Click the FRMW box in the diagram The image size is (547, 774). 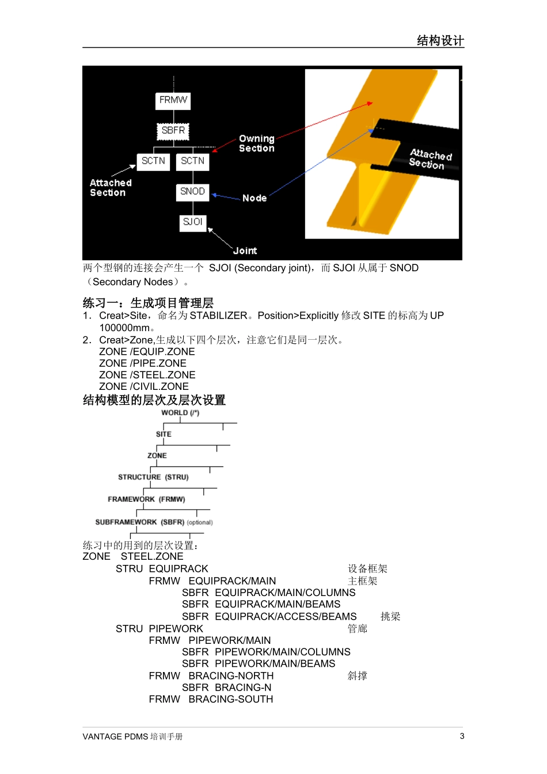tap(173, 100)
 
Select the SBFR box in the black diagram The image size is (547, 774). tap(173, 131)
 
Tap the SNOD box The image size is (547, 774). tap(192, 192)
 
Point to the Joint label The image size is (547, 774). tap(245, 251)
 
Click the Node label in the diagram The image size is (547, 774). tap(254, 198)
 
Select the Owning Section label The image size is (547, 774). tap(257, 143)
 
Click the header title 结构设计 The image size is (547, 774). tap(440, 40)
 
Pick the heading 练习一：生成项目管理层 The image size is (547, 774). tap(148, 303)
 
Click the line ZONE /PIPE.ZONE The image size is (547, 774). tap(143, 363)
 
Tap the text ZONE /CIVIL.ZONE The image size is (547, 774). tap(144, 386)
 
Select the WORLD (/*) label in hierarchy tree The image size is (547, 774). tap(180, 413)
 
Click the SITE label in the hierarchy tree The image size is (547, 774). tap(164, 434)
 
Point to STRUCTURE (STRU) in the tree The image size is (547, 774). tap(153, 477)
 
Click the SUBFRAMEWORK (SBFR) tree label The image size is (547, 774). tap(140, 522)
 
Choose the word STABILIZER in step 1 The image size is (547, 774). tap(218, 316)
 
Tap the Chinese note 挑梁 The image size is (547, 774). tap(390, 617)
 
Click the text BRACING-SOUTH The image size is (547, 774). tap(231, 699)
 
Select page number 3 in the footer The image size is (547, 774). tap(462, 736)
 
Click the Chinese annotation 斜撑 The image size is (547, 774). tap(357, 676)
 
